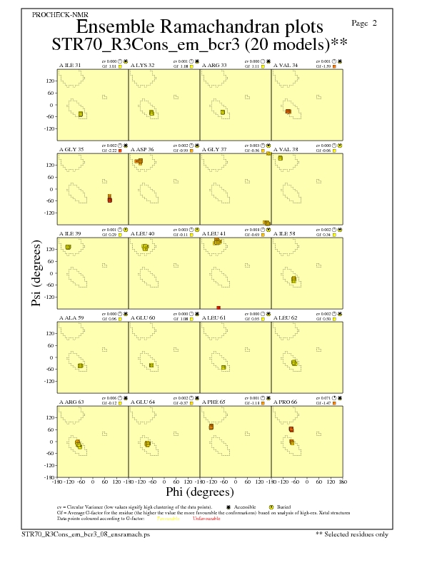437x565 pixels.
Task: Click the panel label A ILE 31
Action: [x=69, y=65]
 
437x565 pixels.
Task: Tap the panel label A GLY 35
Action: [x=70, y=148]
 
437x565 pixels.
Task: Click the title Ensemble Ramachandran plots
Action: [x=199, y=27]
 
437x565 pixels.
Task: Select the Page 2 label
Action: [x=365, y=24]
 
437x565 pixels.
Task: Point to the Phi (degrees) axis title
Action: [x=199, y=492]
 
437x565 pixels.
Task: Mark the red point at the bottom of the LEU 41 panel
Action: [x=218, y=307]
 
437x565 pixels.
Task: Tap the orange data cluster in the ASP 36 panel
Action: [x=139, y=161]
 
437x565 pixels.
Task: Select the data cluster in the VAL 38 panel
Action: [x=281, y=158]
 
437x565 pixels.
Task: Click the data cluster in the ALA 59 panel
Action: [x=81, y=365]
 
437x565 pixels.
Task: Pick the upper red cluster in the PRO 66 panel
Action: [x=291, y=429]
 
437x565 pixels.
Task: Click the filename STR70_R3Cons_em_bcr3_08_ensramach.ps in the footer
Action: [x=86, y=533]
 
